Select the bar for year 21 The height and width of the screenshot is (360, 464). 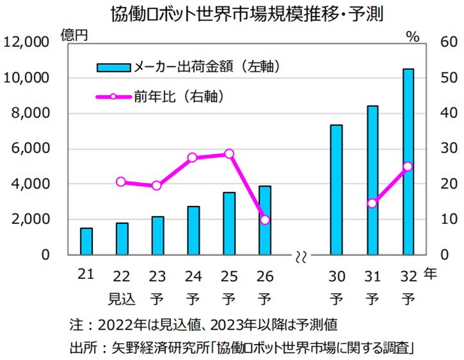coord(86,241)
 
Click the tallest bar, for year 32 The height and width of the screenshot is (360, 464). coord(408,161)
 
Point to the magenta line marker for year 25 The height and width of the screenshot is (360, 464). coord(229,153)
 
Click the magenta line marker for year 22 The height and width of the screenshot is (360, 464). coord(121,182)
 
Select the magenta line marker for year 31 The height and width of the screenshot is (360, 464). coord(372,203)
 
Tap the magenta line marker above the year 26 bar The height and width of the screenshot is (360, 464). coord(265,220)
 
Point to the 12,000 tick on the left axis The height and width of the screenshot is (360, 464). coord(26,43)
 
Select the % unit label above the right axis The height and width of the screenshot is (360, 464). coord(413,36)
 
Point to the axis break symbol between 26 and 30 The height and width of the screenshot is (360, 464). coord(301,255)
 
